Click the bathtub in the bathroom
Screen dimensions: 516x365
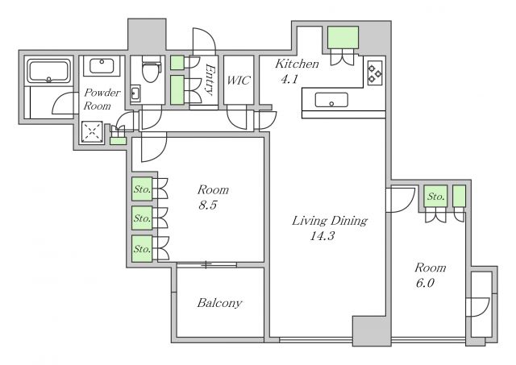point(48,71)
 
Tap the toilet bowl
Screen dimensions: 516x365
point(152,70)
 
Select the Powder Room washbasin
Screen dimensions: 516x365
point(102,66)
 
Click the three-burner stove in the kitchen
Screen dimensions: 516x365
point(375,73)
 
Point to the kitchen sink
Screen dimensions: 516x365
point(331,100)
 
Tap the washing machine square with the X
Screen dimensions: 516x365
point(92,132)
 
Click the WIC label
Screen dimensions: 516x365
point(239,81)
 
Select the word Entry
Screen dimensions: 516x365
point(210,79)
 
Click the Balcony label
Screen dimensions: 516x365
point(219,303)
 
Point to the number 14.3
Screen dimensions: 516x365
point(322,236)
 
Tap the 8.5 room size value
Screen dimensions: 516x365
point(208,205)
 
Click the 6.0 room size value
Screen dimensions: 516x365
point(425,283)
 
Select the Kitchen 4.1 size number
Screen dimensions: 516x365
point(289,79)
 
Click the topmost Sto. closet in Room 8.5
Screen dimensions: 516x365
point(142,189)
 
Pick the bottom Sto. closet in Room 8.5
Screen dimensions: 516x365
point(142,249)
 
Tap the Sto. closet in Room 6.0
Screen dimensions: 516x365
point(435,197)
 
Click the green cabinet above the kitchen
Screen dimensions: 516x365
point(343,38)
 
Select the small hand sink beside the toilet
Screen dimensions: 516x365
point(135,93)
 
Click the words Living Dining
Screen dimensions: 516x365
point(330,221)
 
